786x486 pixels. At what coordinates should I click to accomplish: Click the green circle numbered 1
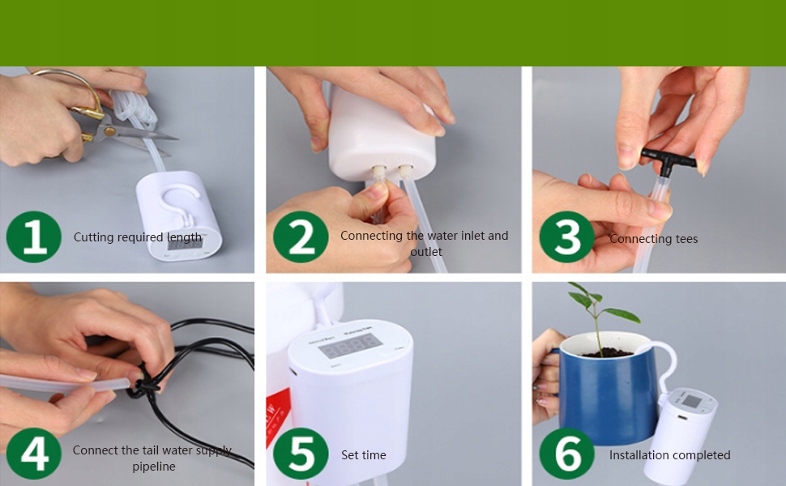(33, 237)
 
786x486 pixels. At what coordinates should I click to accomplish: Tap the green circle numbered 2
(301, 237)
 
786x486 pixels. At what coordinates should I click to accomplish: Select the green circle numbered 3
(567, 237)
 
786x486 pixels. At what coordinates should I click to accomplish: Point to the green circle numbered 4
(33, 453)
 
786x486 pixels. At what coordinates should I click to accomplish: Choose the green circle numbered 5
(301, 453)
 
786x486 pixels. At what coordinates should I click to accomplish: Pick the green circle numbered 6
(567, 453)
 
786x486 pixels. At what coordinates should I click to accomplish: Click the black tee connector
(669, 160)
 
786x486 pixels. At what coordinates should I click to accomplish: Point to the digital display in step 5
(350, 346)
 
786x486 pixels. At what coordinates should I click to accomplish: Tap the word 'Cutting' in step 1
(93, 237)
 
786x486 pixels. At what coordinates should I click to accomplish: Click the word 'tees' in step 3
(686, 239)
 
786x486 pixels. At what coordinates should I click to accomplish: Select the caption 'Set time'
(364, 455)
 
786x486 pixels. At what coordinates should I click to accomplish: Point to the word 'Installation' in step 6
(637, 455)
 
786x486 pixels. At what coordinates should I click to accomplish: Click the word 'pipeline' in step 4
(154, 467)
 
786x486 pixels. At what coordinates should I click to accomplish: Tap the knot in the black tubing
(144, 386)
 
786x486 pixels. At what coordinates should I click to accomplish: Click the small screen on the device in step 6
(692, 401)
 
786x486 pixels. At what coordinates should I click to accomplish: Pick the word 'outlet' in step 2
(426, 252)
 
